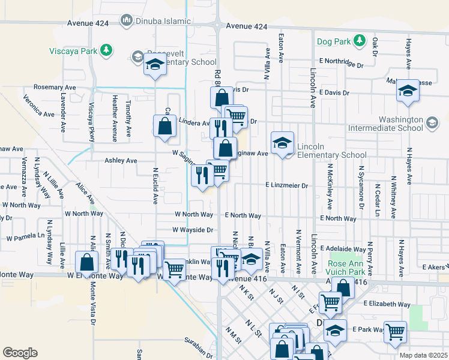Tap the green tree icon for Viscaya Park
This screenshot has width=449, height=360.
(106, 50)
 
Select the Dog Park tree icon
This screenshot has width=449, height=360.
(360, 40)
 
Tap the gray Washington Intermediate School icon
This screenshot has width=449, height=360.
(431, 123)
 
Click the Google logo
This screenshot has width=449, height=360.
(20, 352)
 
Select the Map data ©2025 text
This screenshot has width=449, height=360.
(423, 355)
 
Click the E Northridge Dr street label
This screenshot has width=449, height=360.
(342, 62)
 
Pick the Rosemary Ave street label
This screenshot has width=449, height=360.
(55, 88)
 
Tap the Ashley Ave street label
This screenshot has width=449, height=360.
(121, 161)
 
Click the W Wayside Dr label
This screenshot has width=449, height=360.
(193, 230)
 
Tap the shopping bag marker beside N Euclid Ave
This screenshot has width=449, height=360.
(164, 127)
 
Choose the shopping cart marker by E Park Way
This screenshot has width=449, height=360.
(395, 332)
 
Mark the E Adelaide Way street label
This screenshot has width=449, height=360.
(343, 248)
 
